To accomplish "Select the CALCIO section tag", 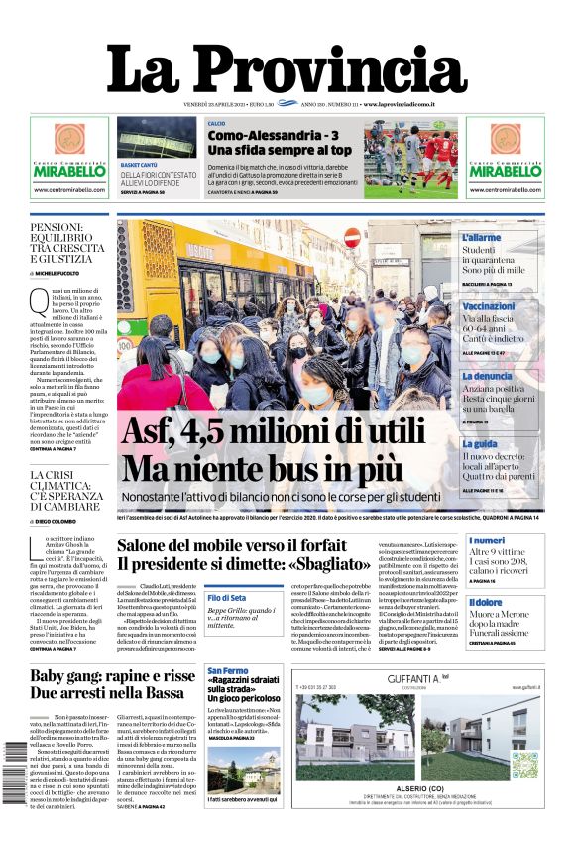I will click(x=216, y=123).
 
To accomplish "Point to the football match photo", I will click(x=410, y=158).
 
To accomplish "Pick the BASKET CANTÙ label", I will click(x=140, y=164).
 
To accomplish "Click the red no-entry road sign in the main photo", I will click(x=351, y=238).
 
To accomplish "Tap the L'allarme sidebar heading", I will click(x=481, y=238).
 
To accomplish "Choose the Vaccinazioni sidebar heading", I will click(x=488, y=307).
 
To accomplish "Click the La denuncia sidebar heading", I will click(x=486, y=376).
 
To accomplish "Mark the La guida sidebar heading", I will click(x=478, y=444).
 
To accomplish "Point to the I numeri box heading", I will click(x=485, y=541).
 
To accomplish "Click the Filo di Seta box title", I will click(x=226, y=598).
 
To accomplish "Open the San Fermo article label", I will click(x=227, y=672).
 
